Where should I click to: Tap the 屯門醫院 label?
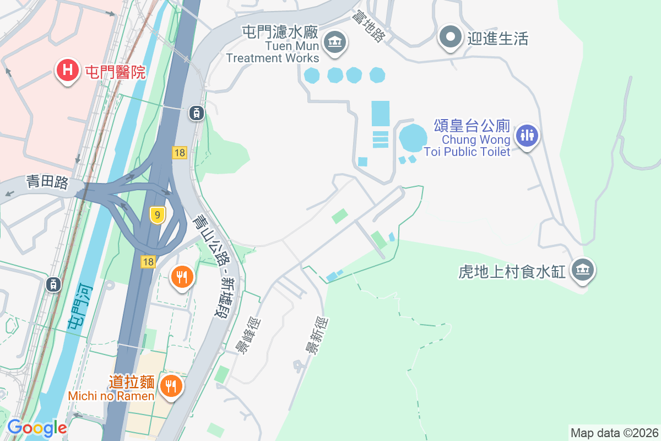115,72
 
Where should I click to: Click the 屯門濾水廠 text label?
280,31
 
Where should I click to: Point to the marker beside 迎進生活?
451,37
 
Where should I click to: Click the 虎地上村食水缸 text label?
512,272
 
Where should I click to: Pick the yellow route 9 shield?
157,215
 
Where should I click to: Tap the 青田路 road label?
47,182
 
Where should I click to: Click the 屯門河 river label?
79,306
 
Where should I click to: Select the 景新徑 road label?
317,336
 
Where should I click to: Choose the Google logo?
36,427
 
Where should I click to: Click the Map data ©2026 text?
614,433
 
